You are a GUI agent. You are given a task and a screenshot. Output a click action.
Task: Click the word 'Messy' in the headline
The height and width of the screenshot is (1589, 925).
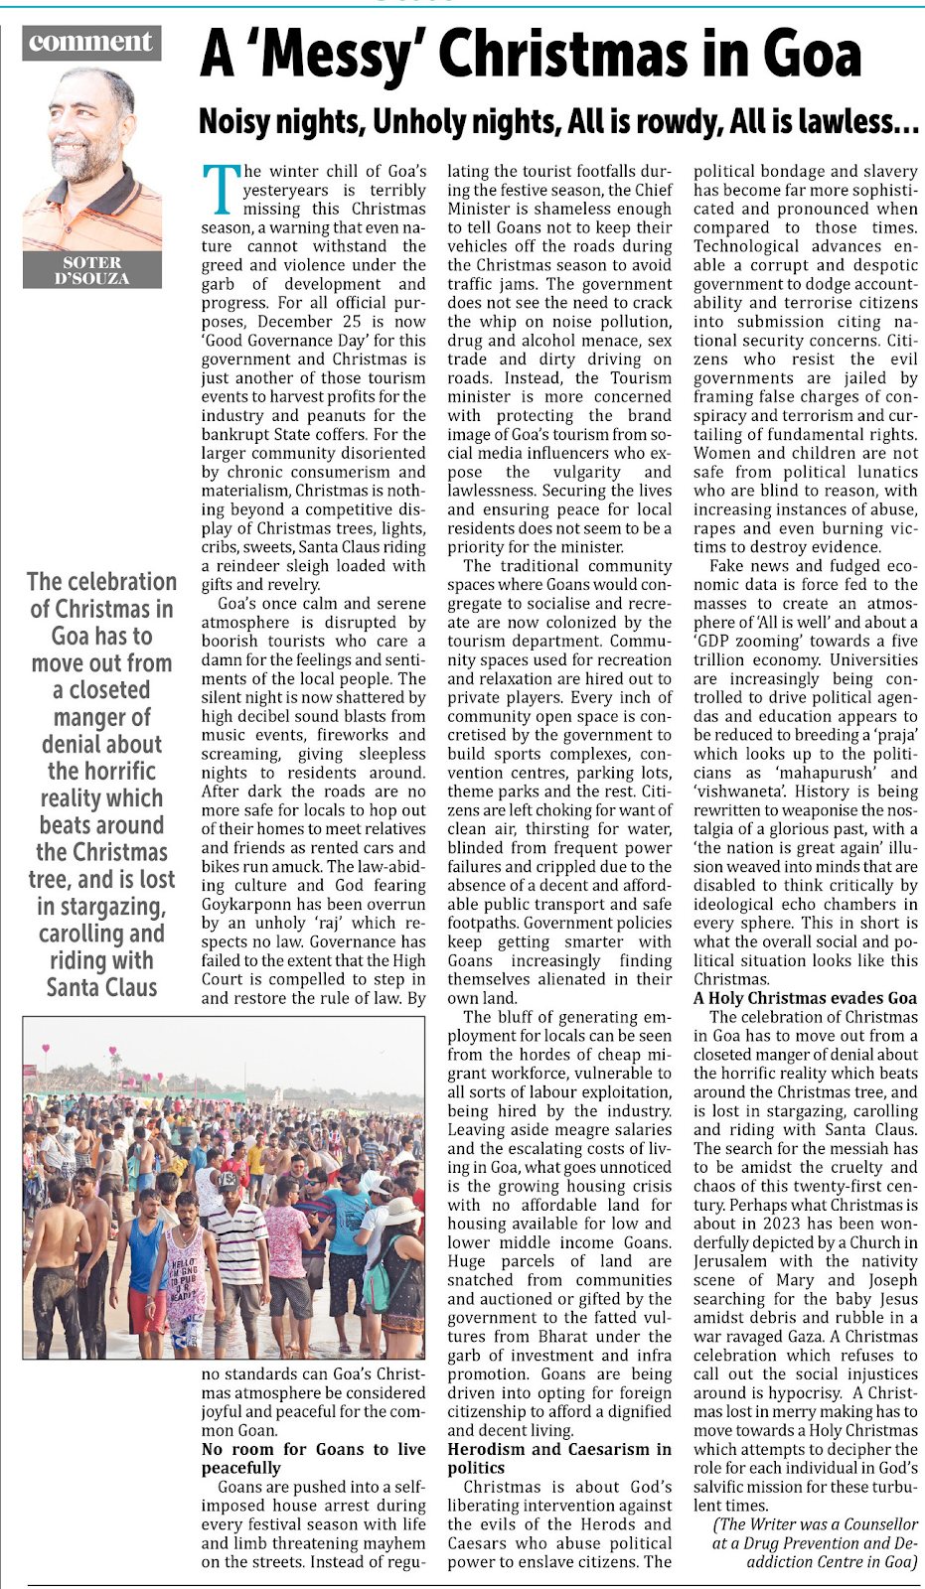(342, 55)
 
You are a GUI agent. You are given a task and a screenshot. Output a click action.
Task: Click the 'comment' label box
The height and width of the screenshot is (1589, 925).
(90, 42)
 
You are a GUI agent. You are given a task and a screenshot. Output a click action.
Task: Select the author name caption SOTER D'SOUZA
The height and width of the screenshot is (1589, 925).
(92, 270)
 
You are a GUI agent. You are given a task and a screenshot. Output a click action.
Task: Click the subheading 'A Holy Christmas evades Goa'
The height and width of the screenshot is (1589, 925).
(805, 998)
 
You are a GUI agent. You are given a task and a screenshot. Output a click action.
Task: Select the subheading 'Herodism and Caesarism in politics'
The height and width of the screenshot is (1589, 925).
(558, 1458)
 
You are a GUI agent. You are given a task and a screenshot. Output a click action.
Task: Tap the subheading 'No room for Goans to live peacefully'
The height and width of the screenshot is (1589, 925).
(312, 1458)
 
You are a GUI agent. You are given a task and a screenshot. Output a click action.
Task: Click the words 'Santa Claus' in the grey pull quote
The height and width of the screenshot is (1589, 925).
(101, 988)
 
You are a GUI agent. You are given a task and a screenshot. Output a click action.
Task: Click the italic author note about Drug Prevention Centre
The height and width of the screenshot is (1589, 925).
(815, 1542)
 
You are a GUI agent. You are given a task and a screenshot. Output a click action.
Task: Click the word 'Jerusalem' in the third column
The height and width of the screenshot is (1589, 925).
(730, 1261)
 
